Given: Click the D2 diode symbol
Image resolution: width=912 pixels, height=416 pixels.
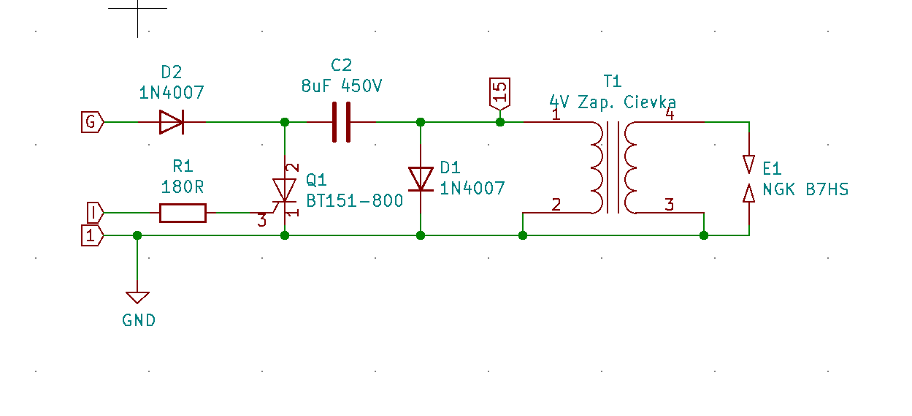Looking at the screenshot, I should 171,122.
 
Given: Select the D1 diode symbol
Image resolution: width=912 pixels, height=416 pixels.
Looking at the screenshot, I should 421,178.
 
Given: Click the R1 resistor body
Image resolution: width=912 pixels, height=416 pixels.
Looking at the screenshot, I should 183,213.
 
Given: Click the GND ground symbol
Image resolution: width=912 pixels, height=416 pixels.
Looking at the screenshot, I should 137,297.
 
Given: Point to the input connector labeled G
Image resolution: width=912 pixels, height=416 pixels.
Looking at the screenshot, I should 92,122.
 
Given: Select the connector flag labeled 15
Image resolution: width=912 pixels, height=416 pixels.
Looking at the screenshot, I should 500,93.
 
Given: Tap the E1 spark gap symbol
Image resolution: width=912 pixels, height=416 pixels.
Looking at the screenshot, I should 748,178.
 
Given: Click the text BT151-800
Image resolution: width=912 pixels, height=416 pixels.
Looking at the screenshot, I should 354,201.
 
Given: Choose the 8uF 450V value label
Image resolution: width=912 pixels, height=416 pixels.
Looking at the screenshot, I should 341,86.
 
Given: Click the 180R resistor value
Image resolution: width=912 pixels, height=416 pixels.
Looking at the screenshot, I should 182,187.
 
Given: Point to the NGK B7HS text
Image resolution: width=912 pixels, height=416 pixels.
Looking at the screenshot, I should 805,190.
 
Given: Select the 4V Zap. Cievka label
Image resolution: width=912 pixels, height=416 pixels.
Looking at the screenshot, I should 613,102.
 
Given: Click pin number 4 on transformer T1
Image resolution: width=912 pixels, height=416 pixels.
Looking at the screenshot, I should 670,113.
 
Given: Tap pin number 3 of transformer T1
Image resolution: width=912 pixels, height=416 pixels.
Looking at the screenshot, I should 670,205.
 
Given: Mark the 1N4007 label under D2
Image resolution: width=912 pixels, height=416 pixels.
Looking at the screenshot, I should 172,93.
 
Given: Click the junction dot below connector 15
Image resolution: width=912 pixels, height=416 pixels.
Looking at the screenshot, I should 500,121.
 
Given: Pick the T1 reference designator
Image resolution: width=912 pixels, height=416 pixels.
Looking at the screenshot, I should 612,80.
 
